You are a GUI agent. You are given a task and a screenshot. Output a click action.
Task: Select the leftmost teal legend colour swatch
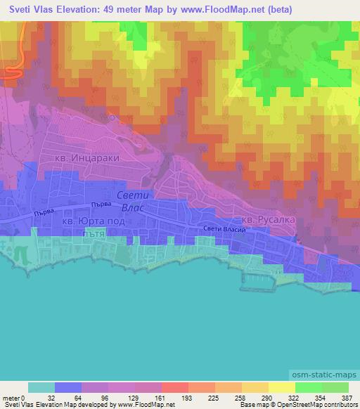41,388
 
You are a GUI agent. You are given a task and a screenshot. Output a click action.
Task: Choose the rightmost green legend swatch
335,388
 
